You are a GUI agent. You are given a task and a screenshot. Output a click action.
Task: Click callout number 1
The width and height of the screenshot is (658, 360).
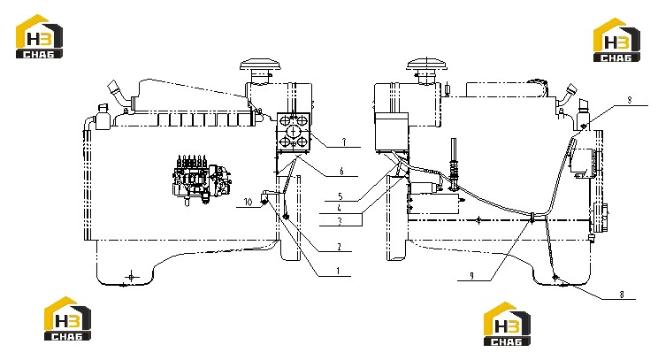tap(338, 271)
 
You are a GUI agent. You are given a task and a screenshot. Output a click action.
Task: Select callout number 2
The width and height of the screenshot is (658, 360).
tap(339, 247)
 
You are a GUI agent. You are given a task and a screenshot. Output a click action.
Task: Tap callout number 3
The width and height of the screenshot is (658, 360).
tap(340, 221)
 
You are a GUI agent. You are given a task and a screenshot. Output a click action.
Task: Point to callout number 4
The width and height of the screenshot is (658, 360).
tap(339, 208)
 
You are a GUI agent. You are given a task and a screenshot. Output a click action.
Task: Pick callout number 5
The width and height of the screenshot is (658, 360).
tap(340, 196)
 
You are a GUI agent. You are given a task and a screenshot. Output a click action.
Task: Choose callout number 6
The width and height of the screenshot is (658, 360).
tap(341, 171)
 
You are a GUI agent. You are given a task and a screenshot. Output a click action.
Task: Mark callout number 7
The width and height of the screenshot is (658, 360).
tap(344, 142)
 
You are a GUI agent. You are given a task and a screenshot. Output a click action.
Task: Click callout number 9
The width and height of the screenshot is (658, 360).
tap(471, 276)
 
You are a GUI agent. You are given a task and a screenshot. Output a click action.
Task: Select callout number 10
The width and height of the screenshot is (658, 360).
tap(248, 203)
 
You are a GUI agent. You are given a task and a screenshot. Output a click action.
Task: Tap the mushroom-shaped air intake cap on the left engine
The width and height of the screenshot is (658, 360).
tap(260, 65)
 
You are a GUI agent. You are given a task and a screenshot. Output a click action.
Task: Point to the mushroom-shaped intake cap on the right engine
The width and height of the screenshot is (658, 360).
tap(427, 65)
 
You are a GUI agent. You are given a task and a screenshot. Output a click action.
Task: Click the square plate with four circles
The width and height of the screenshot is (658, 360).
tap(294, 132)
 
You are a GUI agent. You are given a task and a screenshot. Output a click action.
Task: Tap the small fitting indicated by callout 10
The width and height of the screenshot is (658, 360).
tap(264, 203)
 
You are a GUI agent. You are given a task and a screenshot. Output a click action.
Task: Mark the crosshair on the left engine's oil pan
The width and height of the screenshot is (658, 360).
tap(132, 277)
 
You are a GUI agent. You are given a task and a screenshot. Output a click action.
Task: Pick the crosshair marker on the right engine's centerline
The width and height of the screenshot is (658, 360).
tap(478, 220)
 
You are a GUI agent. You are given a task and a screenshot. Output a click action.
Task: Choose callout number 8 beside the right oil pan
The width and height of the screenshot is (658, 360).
tap(622, 295)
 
